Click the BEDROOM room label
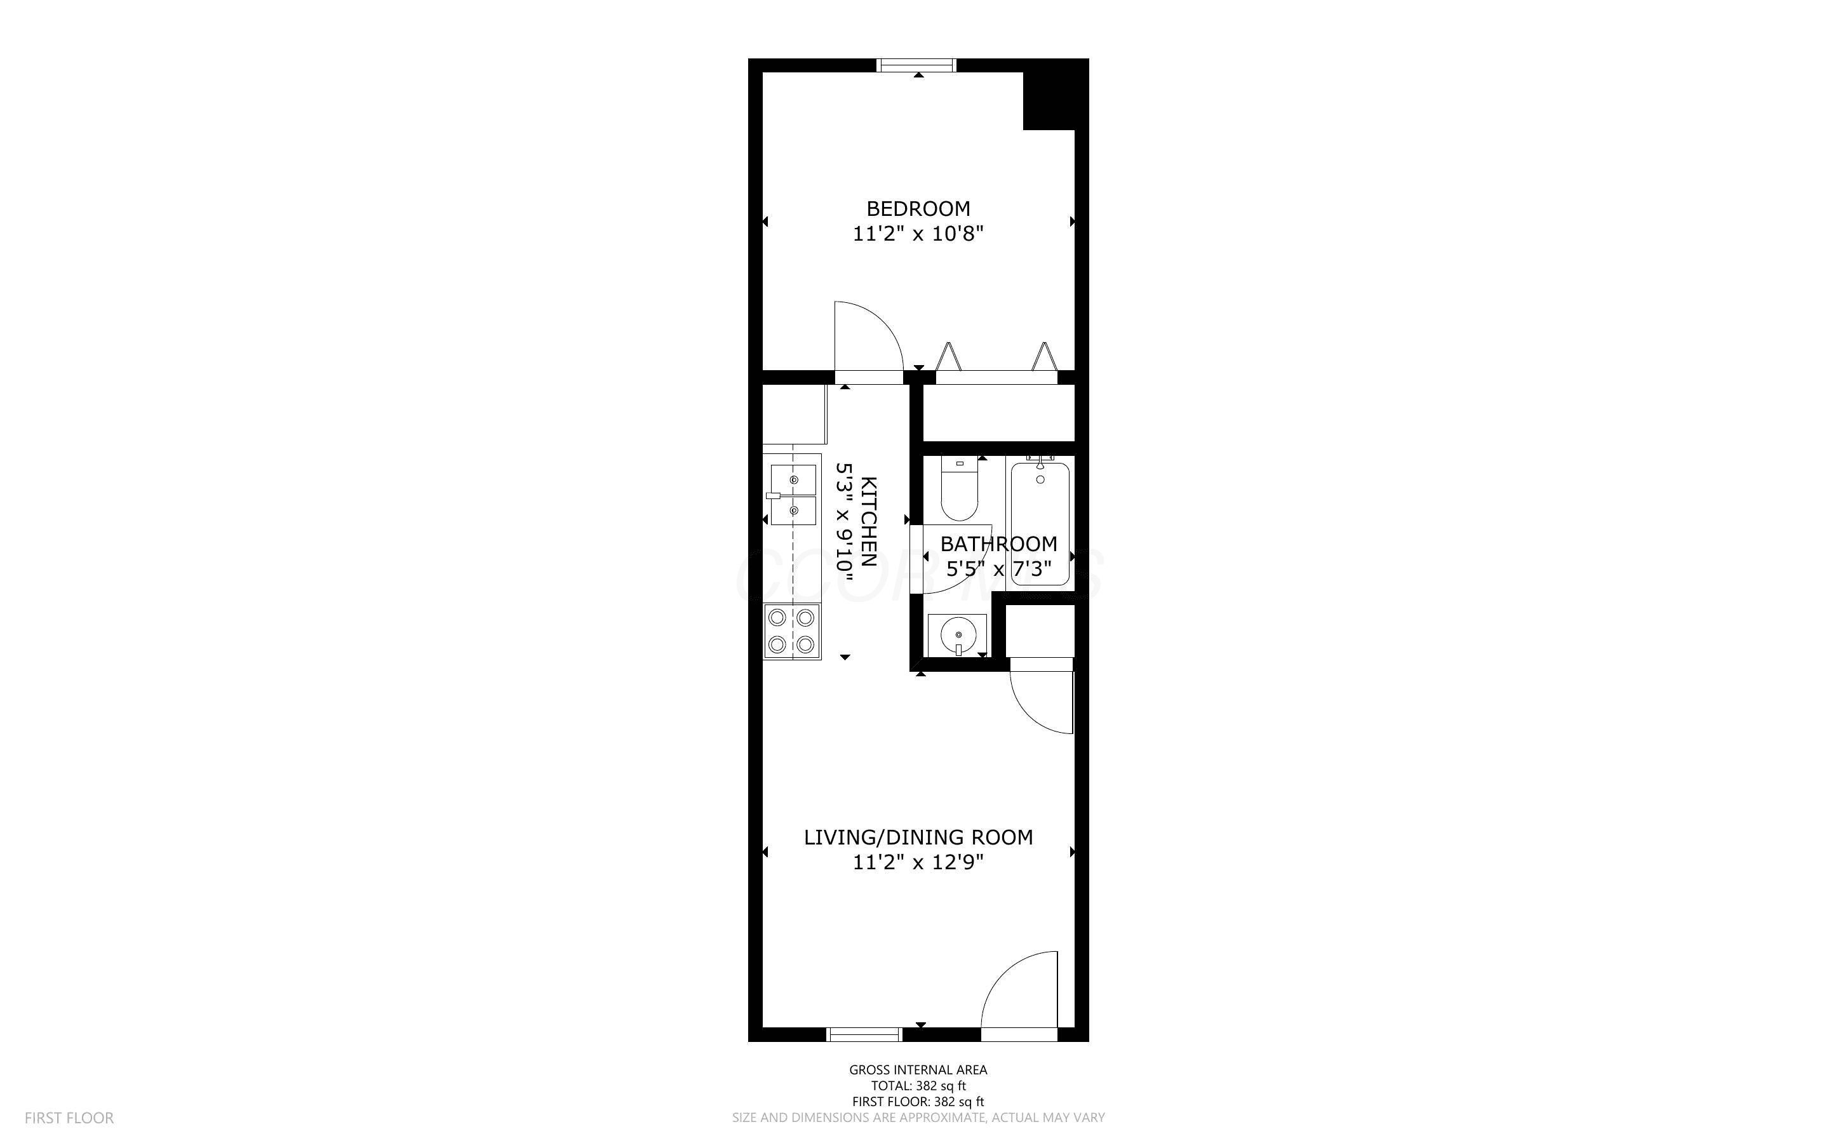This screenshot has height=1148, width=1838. pyautogui.click(x=918, y=208)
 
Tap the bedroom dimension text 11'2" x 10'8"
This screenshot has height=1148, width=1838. pyautogui.click(x=918, y=234)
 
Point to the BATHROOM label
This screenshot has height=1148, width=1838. pyautogui.click(x=998, y=544)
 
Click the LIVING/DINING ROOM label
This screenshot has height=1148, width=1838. pyautogui.click(x=918, y=838)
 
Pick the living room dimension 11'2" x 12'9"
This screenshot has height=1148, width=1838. pyautogui.click(x=918, y=862)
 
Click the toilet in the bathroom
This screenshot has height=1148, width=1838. pyautogui.click(x=960, y=488)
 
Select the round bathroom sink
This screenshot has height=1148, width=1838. pyautogui.click(x=957, y=634)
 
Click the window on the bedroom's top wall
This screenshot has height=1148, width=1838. pyautogui.click(x=916, y=65)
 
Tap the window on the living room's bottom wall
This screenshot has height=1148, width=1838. pyautogui.click(x=865, y=1034)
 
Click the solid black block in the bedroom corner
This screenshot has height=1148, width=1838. pyautogui.click(x=1049, y=101)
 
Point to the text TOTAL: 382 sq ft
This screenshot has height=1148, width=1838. pyautogui.click(x=918, y=1086)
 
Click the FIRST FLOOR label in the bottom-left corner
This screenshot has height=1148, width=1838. pyautogui.click(x=69, y=1118)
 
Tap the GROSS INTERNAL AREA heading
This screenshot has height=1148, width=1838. pyautogui.click(x=918, y=1070)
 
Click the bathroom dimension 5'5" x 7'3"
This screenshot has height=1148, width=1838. pyautogui.click(x=998, y=569)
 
